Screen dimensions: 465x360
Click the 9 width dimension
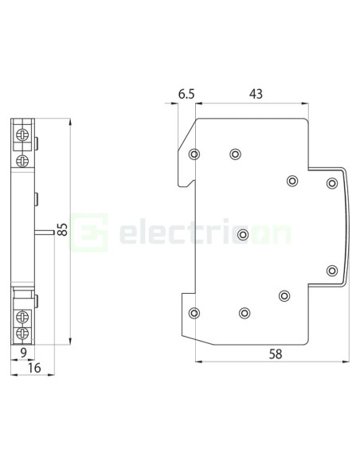coord(23,351)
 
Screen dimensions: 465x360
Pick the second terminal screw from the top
coord(22,141)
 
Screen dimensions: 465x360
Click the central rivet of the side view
coord(243,234)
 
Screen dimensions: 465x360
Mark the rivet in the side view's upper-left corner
coord(195,154)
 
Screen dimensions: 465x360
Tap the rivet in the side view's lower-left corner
coord(195,312)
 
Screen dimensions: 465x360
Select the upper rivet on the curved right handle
coord(331,184)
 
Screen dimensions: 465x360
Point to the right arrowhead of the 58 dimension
coord(344,361)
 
